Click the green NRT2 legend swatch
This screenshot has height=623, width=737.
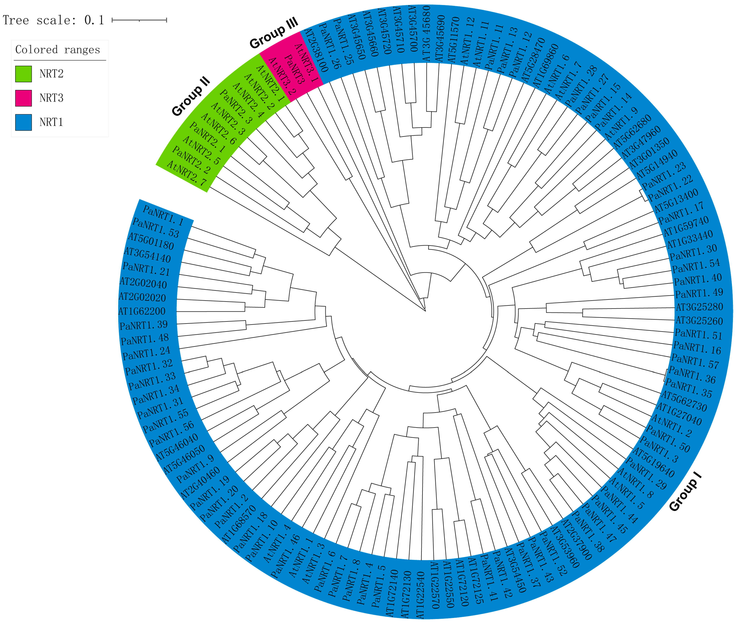point(23,74)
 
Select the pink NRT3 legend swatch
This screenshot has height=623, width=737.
point(23,98)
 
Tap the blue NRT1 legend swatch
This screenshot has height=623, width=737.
point(23,122)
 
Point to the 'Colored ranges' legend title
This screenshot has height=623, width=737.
point(58,50)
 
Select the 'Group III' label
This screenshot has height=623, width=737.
point(274,33)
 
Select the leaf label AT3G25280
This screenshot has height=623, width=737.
point(699,307)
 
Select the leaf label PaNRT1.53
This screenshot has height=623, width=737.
point(156,228)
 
